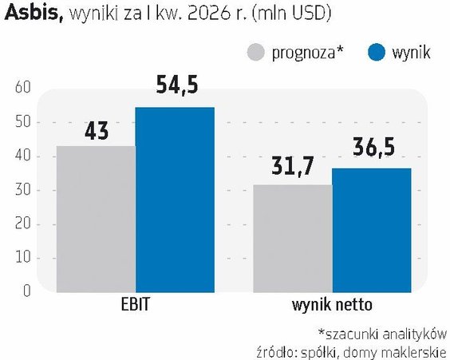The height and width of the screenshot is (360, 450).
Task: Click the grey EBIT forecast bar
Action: pyautogui.click(x=96, y=220)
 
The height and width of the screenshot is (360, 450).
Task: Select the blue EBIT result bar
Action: pyautogui.click(x=175, y=200)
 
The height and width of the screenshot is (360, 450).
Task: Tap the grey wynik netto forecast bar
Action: pyautogui.click(x=293, y=239)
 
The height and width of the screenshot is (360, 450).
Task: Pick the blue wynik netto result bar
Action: pyautogui.click(x=372, y=230)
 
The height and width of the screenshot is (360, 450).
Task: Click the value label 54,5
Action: pyautogui.click(x=177, y=85)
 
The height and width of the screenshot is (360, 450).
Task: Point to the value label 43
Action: pyautogui.click(x=97, y=131)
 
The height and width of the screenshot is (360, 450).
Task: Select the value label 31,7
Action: pyautogui.click(x=292, y=166)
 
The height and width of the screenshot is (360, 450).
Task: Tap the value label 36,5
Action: pyautogui.click(x=373, y=147)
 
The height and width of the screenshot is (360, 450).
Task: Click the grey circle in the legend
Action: pyautogui.click(x=255, y=52)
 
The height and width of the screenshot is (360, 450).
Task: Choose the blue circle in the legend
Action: pyautogui.click(x=377, y=52)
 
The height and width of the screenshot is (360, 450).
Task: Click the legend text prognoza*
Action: pyautogui.click(x=307, y=53)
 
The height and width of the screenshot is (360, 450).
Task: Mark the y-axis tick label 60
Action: pyautogui.click(x=22, y=87)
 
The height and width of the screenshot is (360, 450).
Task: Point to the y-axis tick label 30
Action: pyautogui.click(x=22, y=190)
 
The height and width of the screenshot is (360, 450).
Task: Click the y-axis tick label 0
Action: pyautogui.click(x=26, y=291)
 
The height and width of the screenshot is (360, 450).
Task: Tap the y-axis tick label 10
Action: pyautogui.click(x=22, y=258)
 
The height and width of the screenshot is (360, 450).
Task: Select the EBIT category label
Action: pyautogui.click(x=136, y=305)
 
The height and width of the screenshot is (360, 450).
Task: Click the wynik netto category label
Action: pyautogui.click(x=332, y=305)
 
